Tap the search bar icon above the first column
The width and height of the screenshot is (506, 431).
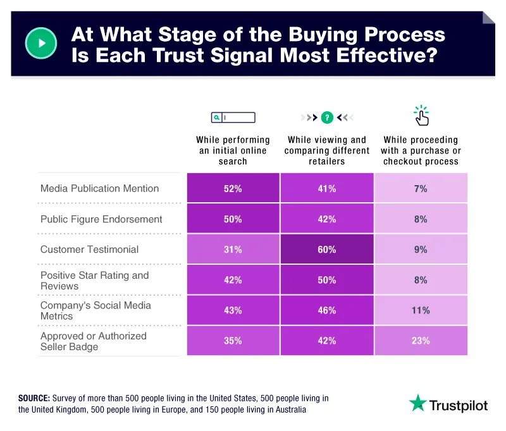coord(233,117)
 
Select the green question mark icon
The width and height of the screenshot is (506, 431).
coord(326,117)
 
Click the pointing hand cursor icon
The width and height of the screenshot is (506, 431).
coord(421,116)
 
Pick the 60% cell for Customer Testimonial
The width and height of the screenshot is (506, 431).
coord(326,250)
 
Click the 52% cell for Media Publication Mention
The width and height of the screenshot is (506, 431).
coord(233,189)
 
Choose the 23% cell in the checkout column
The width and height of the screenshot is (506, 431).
coord(421,341)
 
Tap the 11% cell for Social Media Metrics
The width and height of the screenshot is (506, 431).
coord(421,310)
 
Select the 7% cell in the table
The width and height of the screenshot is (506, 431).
coord(421,189)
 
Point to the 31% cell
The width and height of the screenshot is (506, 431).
coord(233,250)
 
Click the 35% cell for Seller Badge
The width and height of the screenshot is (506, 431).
coord(233,341)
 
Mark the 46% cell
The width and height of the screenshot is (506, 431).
coord(326,310)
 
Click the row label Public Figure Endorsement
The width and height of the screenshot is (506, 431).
coord(101,219)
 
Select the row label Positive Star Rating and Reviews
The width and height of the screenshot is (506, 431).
coord(94,280)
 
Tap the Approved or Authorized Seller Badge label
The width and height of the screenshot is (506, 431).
coord(93,341)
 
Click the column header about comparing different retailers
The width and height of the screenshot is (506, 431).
coord(326,150)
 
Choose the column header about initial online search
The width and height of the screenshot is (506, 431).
coord(233,150)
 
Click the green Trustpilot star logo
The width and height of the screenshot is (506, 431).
coord(417,403)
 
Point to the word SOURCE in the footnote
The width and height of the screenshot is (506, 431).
coord(35,398)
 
